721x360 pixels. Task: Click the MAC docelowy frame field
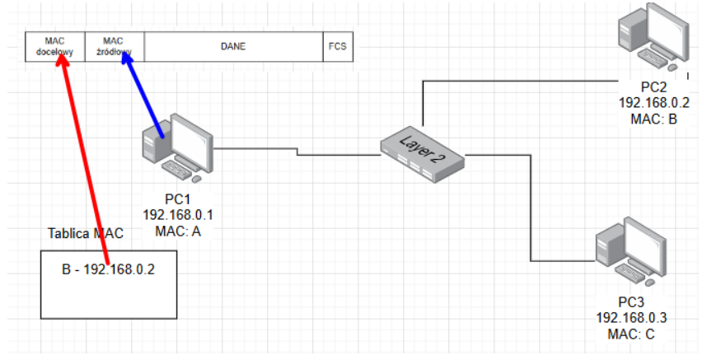pos(54,47)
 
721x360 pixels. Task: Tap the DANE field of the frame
pos(233,47)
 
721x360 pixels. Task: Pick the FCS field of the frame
pos(338,47)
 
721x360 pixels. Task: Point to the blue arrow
pos(144,100)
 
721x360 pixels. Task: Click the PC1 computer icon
pos(176,148)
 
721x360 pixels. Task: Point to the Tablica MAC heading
pos(86,233)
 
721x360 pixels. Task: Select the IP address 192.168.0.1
pos(178,215)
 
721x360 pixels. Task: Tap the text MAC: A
pos(178,231)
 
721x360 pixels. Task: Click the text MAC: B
pos(653,119)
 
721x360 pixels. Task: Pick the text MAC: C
pos(630,334)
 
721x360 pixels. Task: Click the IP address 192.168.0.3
pos(630,319)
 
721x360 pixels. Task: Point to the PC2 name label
pos(653,87)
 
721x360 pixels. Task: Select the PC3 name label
pos(630,303)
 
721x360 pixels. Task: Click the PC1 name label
pos(178,199)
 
